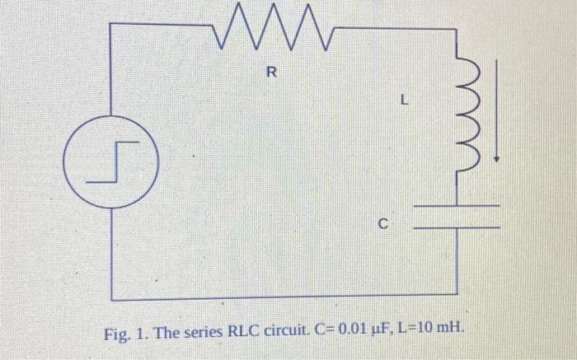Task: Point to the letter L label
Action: (403, 103)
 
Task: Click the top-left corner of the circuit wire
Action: (110, 25)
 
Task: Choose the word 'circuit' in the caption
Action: (284, 335)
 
